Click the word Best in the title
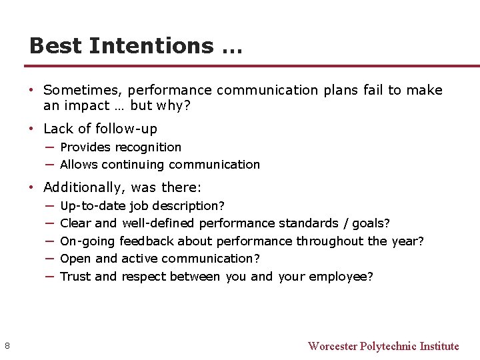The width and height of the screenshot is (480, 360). pos(55,46)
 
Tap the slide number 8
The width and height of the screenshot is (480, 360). pos(7,345)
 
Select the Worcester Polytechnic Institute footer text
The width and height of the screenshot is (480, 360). pos(383,346)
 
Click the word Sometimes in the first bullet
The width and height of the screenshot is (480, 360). pos(83,90)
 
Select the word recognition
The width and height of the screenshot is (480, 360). pos(150,147)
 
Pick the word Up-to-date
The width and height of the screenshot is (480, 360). pos(93,206)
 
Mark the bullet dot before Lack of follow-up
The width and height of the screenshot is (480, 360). pos(32,129)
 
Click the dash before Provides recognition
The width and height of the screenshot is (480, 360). pos(50,147)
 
